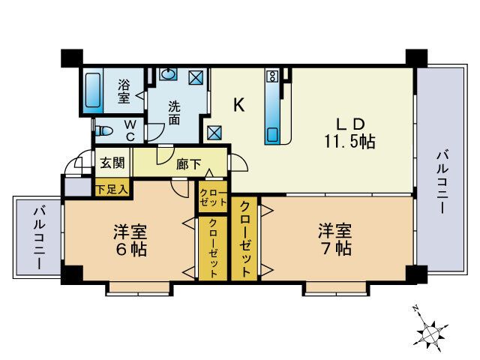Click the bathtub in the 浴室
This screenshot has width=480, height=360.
click(x=94, y=91)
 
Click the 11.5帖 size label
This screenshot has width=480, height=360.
click(x=349, y=141)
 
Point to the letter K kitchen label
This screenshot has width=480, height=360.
click(x=238, y=105)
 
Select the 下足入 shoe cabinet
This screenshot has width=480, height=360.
click(x=112, y=189)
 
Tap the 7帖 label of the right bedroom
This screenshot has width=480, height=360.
click(x=334, y=249)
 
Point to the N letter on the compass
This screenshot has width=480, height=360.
click(x=415, y=309)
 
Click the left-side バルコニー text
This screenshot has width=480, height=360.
click(x=37, y=238)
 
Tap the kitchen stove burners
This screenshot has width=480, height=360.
click(x=271, y=76)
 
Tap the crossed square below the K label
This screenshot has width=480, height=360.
click(x=215, y=133)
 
